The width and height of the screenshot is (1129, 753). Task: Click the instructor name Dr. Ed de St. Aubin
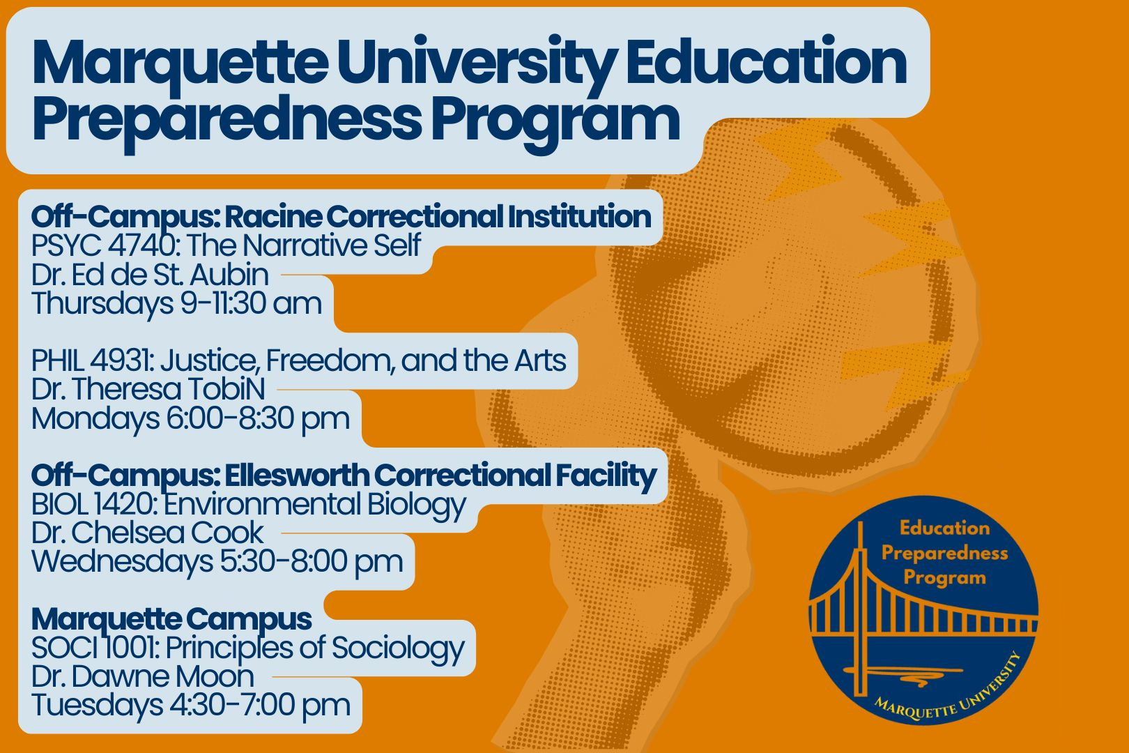click(151, 275)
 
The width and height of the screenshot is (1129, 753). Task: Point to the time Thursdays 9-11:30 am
click(177, 304)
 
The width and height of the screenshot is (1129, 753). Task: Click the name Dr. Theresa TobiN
click(148, 389)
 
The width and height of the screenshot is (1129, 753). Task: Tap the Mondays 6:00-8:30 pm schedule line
click(190, 419)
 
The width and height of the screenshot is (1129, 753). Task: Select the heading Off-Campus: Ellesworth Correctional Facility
click(344, 476)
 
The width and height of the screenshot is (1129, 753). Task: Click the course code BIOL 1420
click(94, 504)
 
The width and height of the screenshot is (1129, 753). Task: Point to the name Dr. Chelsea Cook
click(148, 533)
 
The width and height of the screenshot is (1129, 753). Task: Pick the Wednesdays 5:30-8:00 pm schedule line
click(217, 562)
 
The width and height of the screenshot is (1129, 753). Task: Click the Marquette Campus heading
click(172, 620)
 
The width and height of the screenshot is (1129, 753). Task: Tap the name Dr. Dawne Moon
click(143, 677)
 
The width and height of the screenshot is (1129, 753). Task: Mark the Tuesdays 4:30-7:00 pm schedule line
click(191, 706)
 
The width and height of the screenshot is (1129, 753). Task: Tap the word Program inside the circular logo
click(944, 578)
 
